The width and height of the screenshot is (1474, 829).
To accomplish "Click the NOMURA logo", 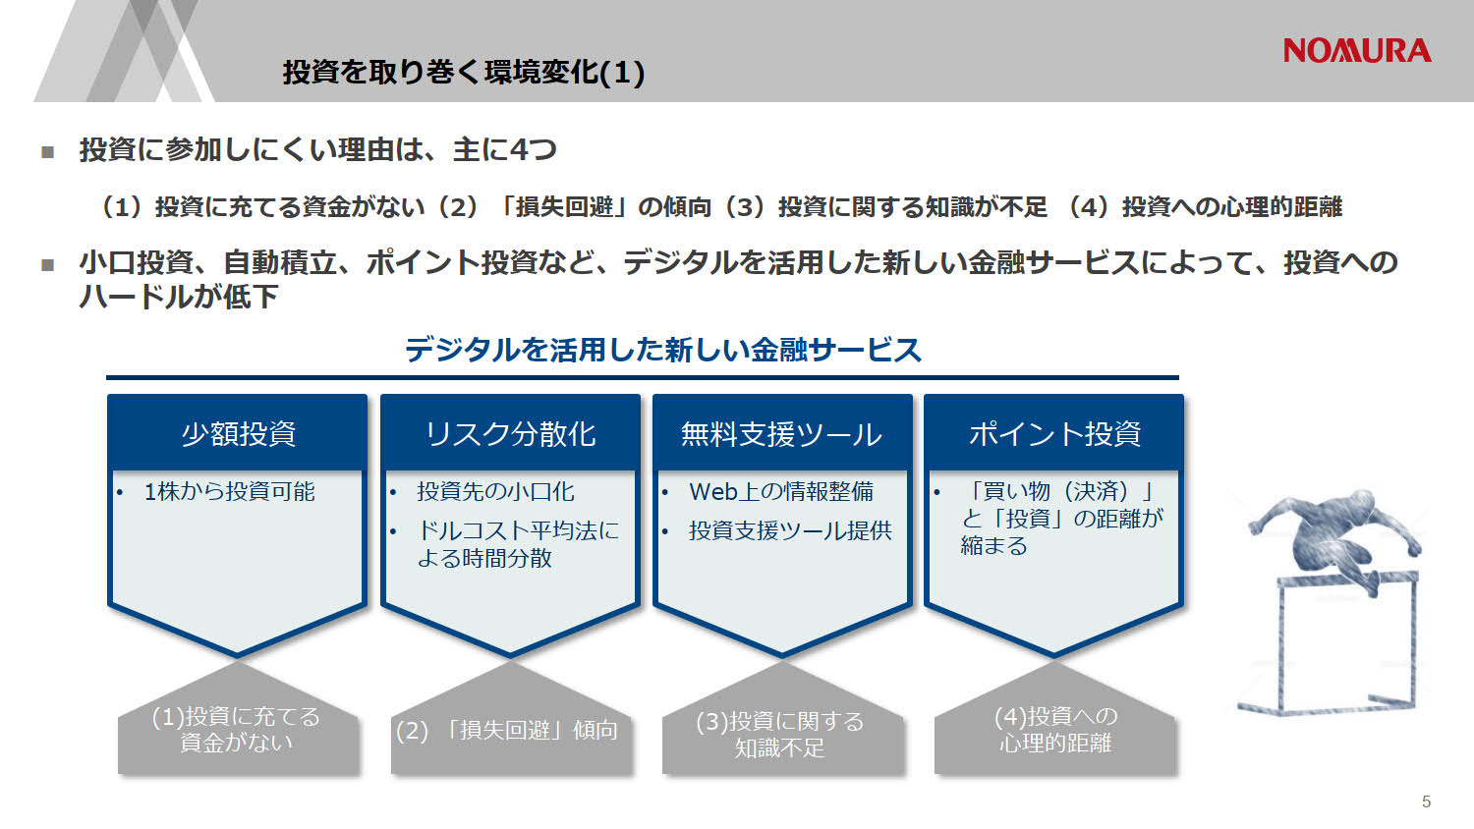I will point(1356,51).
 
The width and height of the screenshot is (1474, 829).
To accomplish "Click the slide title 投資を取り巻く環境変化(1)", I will point(463,72).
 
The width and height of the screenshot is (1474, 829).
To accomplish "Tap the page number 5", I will point(1426,801).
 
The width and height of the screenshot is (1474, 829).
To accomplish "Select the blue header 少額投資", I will point(238,433).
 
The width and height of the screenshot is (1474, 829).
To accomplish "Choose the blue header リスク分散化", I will point(510,433).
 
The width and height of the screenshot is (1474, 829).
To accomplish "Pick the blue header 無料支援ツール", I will point(781,433).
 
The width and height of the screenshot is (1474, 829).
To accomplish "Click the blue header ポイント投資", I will point(1054,433).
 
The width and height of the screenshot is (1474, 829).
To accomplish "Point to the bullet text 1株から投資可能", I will point(229,491).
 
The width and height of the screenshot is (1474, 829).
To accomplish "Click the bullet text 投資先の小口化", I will point(495,491).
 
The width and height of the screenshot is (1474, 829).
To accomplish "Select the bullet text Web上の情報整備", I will point(781,491).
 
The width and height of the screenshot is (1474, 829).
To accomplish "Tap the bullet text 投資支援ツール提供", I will point(790,530).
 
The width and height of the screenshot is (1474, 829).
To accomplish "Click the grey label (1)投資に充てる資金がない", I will point(237,729).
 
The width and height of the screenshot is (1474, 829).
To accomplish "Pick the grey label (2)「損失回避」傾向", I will point(507,730).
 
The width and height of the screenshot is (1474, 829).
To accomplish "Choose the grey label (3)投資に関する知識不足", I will point(780,734).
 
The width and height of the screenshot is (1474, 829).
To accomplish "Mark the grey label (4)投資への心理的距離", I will point(1055,729).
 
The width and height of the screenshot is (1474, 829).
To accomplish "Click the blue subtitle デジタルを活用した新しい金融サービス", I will point(663,350).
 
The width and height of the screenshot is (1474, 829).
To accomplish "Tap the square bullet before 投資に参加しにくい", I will point(47,151).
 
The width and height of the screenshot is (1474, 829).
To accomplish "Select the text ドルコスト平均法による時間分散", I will point(518,544).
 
